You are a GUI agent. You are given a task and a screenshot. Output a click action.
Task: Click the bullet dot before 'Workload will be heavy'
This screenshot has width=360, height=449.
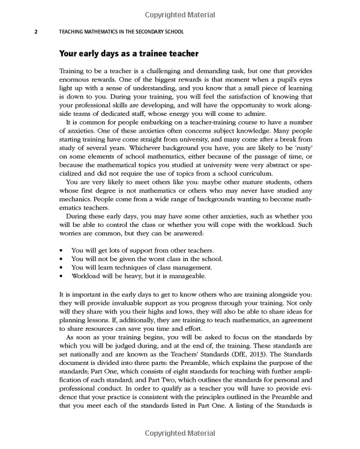[62, 276]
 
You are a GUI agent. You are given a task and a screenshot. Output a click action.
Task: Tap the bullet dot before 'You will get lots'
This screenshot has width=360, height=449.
[62, 249]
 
